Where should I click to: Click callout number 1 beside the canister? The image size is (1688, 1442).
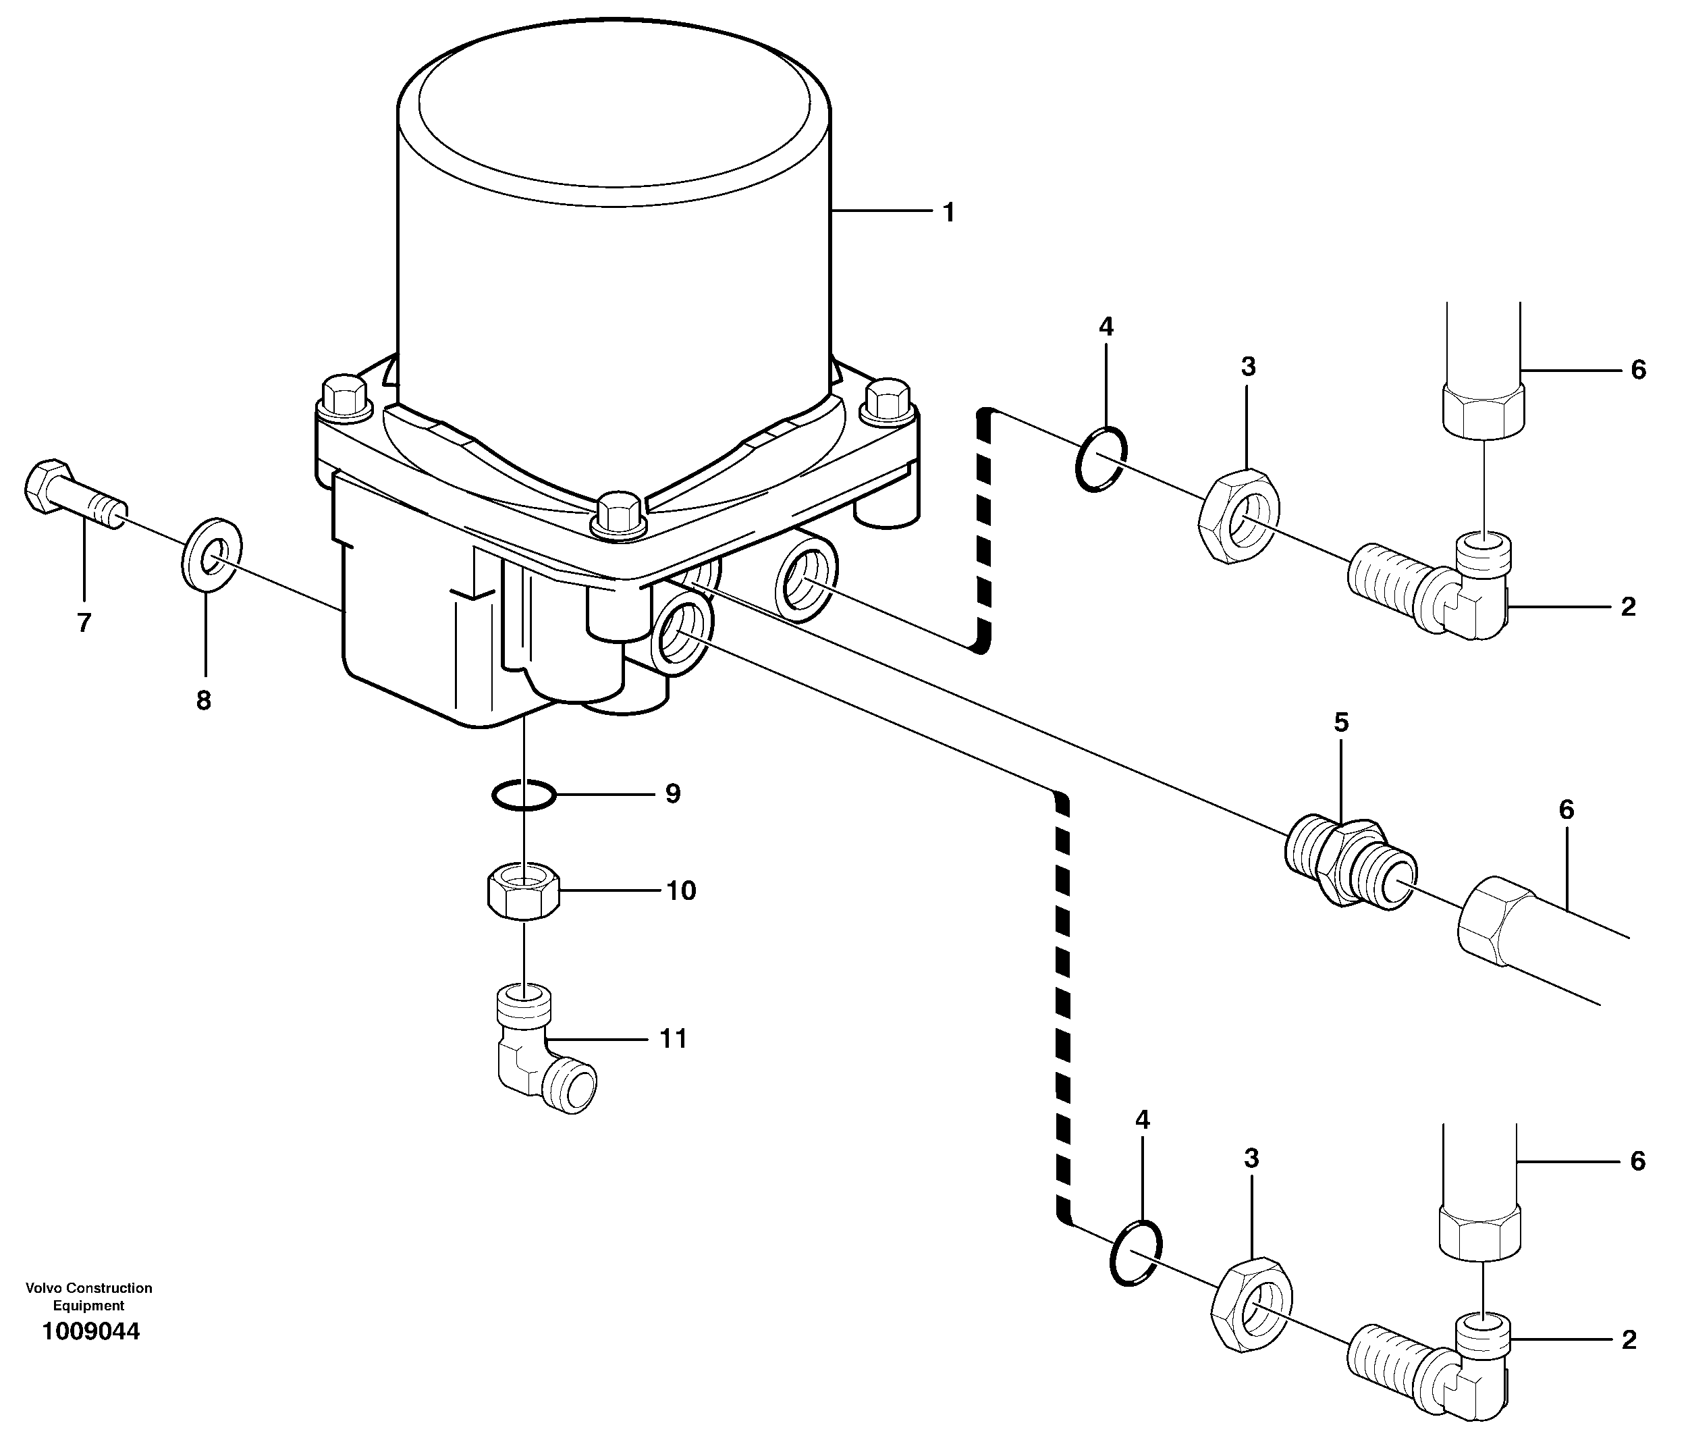pos(948,213)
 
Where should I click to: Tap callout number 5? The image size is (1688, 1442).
pos(1341,722)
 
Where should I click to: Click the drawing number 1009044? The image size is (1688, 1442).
pos(91,1331)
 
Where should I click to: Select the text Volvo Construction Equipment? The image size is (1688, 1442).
pos(89,1298)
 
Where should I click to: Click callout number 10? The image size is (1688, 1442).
pos(681,890)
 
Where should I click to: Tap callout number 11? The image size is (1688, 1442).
pos(673,1039)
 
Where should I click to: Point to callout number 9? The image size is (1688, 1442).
pos(672,793)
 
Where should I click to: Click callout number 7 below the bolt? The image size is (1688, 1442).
pos(84,622)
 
